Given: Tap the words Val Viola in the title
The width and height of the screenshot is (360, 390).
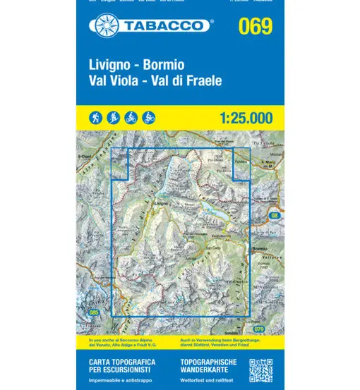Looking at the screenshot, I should click(x=114, y=80).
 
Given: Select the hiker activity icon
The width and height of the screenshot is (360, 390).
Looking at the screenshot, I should click(x=96, y=118).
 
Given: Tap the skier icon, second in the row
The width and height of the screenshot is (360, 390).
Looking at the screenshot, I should click(x=113, y=118).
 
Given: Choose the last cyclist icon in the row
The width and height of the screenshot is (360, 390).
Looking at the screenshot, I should click(x=148, y=118).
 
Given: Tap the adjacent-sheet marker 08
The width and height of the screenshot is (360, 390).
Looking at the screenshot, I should click(x=275, y=214).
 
